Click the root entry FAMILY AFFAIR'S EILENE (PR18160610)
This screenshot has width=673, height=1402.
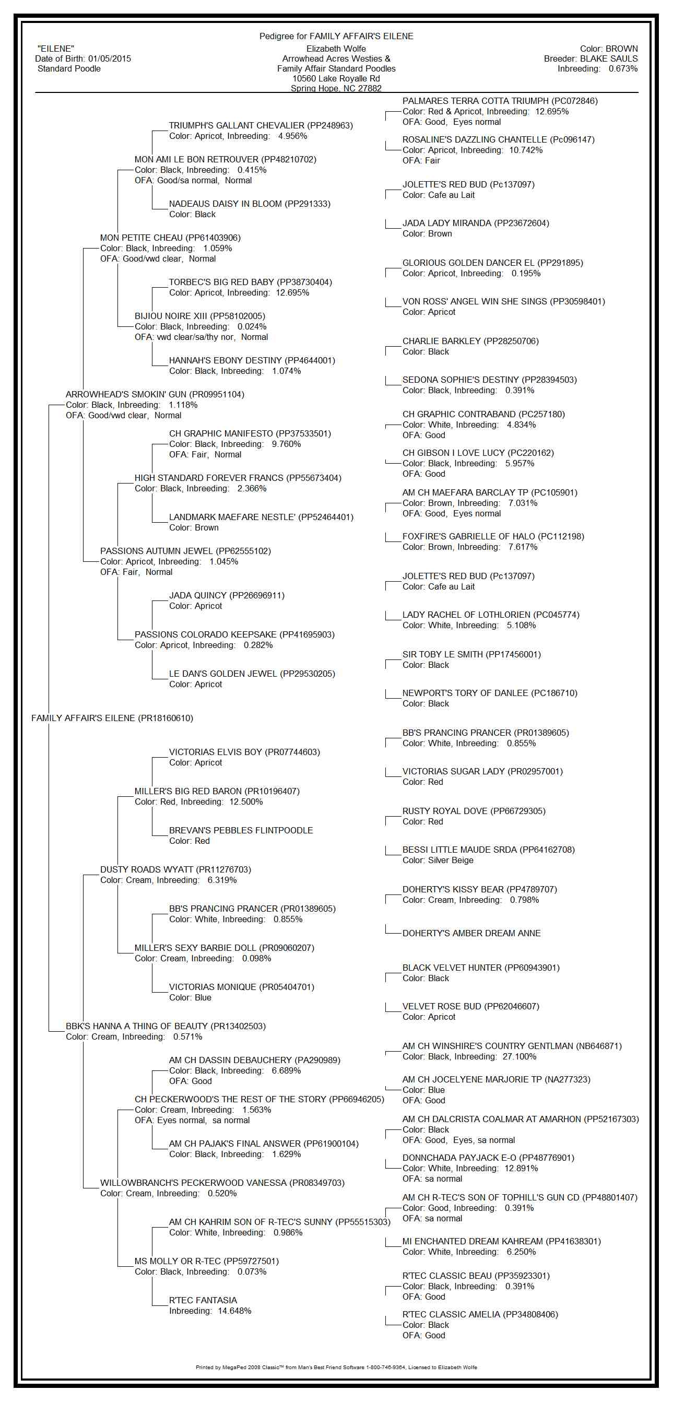point(112,718)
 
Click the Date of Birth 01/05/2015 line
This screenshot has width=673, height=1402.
point(82,58)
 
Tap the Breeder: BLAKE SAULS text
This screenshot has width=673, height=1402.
point(591,58)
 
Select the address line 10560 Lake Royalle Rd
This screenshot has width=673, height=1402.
point(336,78)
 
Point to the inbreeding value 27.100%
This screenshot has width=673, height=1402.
point(519,1056)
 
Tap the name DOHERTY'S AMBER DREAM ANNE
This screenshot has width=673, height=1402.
point(471,933)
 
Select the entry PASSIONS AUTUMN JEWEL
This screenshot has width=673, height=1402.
point(185,551)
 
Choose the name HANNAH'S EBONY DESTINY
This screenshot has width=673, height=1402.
point(252,360)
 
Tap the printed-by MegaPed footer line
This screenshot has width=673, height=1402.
point(336,1366)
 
